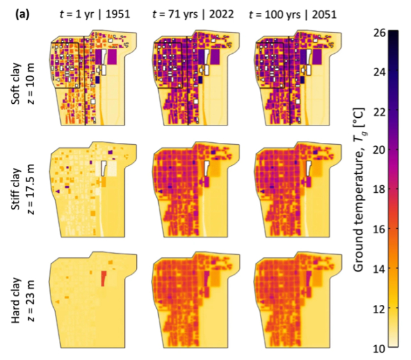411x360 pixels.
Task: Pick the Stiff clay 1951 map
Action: [x=90, y=189]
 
